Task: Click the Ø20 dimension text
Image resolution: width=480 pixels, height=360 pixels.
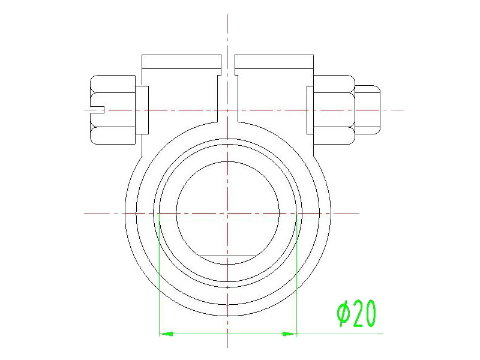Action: click(x=356, y=313)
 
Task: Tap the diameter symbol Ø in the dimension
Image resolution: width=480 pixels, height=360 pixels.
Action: click(x=343, y=313)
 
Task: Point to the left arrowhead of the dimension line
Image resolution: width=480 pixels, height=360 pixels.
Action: click(x=165, y=333)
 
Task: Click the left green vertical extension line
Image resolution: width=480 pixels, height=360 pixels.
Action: click(x=158, y=276)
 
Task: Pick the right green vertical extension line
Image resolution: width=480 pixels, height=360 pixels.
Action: click(x=297, y=276)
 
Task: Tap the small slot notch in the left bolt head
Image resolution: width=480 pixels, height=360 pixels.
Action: click(x=99, y=109)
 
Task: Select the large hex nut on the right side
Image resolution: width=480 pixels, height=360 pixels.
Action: click(x=334, y=110)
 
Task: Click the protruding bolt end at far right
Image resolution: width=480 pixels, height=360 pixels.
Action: click(x=367, y=110)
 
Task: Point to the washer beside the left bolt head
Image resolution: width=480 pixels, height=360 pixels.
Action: click(x=142, y=110)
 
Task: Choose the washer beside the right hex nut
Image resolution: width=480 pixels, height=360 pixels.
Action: click(x=310, y=110)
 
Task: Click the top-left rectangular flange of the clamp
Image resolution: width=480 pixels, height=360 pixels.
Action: click(x=181, y=62)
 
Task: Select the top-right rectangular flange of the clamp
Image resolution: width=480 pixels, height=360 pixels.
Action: click(x=274, y=62)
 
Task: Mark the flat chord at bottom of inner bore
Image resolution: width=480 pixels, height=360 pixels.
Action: click(x=227, y=256)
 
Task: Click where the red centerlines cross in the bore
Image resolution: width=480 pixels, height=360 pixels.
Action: click(x=228, y=213)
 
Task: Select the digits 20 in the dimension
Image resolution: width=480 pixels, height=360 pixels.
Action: click(x=364, y=313)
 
